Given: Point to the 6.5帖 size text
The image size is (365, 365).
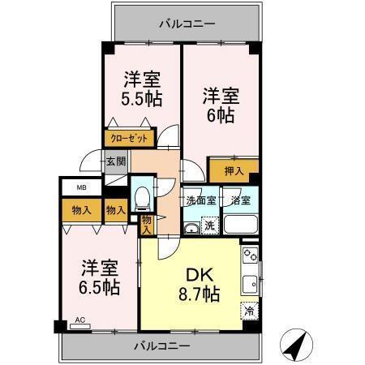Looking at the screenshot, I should click(98, 288).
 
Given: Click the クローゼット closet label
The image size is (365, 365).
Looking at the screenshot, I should click(129, 140).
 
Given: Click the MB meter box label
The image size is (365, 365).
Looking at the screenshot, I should click(82, 188).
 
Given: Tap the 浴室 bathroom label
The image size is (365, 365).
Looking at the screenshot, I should click(239, 200).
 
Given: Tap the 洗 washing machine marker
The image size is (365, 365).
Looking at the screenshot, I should click(208, 225).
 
